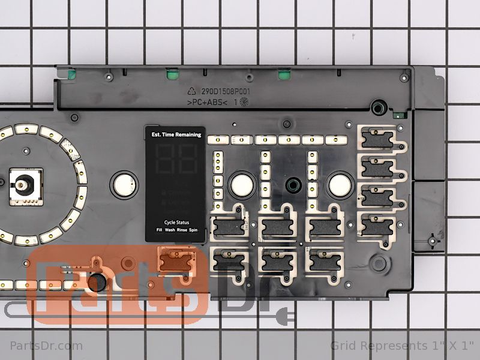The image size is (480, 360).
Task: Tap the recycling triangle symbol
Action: pyautogui.click(x=193, y=92)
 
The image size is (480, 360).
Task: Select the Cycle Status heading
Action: pyautogui.click(x=175, y=222)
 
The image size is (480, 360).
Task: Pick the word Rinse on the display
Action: pyautogui.click(x=181, y=230)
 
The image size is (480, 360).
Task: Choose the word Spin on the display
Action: pyautogui.click(x=194, y=230)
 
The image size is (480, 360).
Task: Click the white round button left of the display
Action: pyautogui.click(x=122, y=182)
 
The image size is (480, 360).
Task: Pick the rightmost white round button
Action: pyautogui.click(x=338, y=184)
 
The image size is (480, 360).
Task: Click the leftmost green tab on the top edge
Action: pyautogui.click(x=72, y=75)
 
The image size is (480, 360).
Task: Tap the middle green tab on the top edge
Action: pyautogui.click(x=172, y=75)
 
